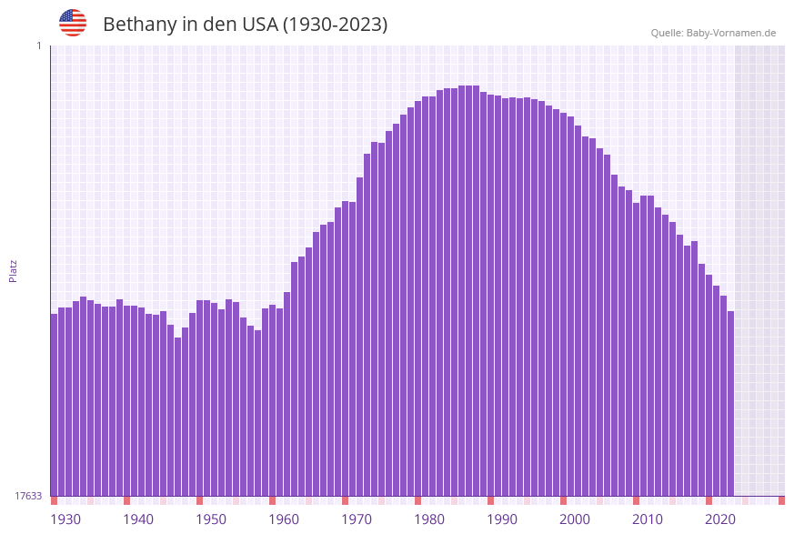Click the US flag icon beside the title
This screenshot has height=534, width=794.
(73, 23)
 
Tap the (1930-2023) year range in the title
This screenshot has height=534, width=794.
(336, 25)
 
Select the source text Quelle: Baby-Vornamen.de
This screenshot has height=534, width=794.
(713, 33)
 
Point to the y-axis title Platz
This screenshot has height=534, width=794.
(14, 270)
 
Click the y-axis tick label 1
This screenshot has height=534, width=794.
(38, 45)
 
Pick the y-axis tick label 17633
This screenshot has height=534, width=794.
(28, 496)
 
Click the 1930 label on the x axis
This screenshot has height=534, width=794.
(65, 519)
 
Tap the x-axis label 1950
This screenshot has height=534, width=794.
(211, 519)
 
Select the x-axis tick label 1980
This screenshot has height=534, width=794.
(429, 519)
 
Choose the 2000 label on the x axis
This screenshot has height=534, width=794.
(575, 519)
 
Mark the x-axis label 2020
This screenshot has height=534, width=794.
(720, 519)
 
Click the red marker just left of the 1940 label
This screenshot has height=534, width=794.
(126, 500)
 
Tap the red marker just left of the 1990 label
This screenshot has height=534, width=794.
(490, 500)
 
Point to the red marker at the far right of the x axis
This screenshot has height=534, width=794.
(781, 500)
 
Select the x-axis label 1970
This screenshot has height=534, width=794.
(357, 519)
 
